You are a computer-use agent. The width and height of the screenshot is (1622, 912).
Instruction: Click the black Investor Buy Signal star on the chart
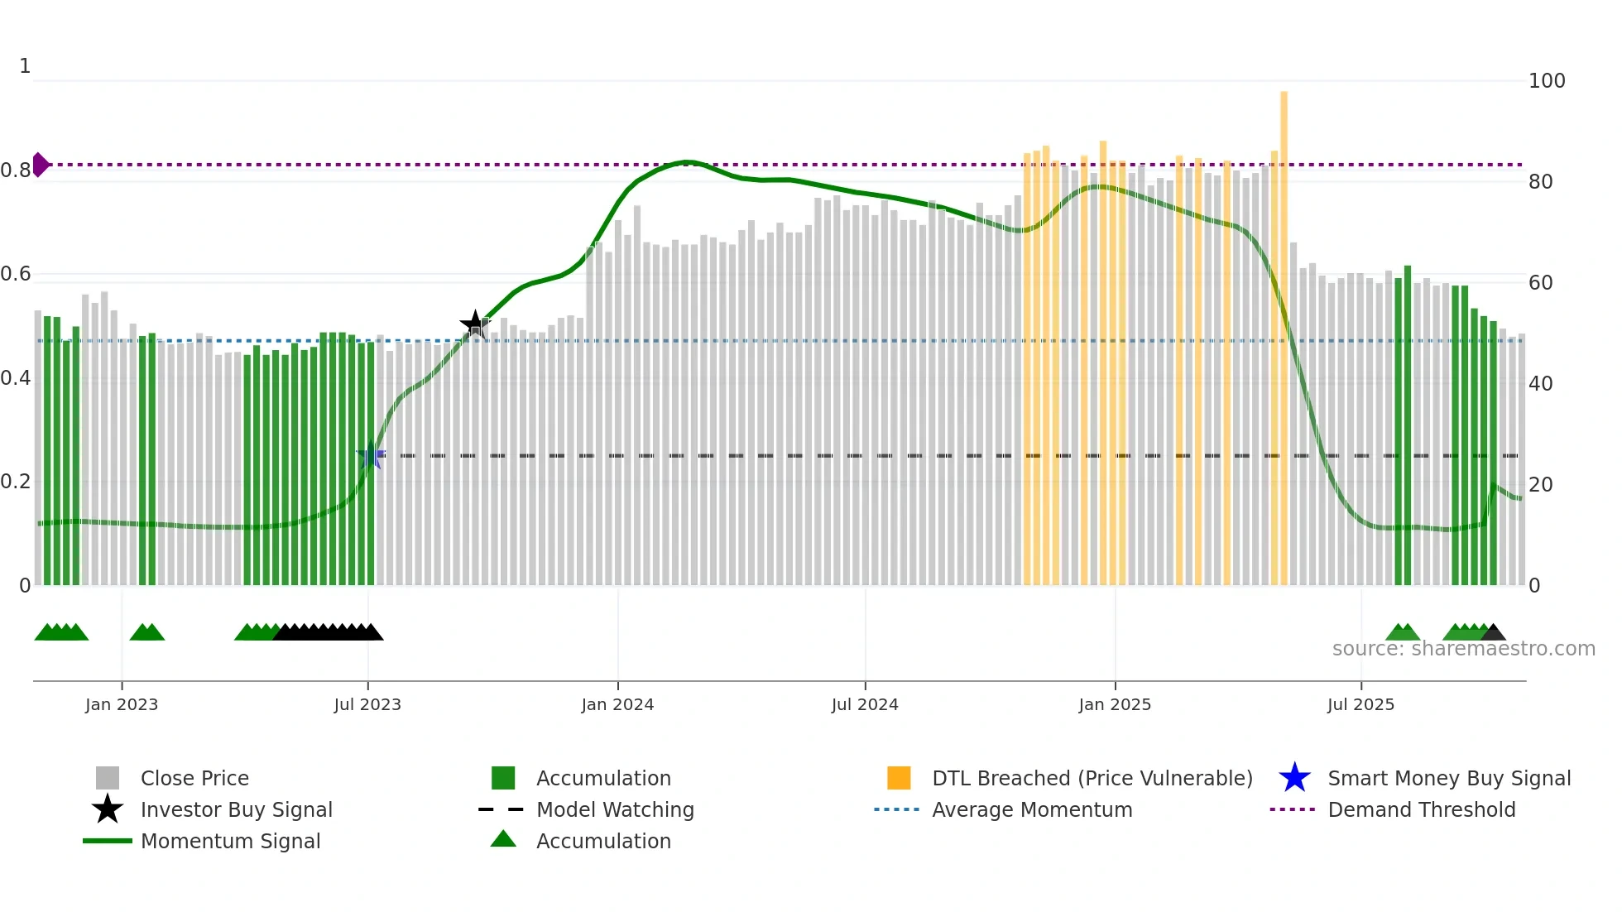tap(474, 324)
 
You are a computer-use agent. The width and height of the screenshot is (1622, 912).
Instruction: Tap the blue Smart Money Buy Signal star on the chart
tap(370, 455)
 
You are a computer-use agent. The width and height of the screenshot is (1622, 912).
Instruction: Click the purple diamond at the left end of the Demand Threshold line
tap(40, 165)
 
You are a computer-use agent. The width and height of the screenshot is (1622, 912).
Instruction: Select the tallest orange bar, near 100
tap(1284, 331)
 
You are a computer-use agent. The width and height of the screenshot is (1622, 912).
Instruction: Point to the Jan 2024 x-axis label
tap(617, 704)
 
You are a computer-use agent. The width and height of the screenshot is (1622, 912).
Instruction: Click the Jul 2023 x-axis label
tap(367, 704)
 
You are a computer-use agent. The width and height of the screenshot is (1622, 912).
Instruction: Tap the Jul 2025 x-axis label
tap(1360, 704)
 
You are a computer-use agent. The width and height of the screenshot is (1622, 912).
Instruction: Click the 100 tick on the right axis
tap(1546, 81)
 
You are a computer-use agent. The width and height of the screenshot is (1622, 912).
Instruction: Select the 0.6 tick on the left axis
tap(16, 274)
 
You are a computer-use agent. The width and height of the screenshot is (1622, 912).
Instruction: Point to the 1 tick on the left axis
tap(25, 66)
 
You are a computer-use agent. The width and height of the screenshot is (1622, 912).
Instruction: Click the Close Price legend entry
tap(194, 778)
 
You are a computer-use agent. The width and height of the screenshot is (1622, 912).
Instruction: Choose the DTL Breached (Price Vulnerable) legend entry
tap(1092, 778)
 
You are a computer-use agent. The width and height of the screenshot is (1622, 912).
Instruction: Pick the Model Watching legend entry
tap(614, 809)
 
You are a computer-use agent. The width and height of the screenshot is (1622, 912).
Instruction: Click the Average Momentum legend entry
tap(1031, 809)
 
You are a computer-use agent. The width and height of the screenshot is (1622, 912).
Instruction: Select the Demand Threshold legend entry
tap(1421, 809)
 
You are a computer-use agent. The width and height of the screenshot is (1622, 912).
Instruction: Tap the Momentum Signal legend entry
tap(230, 841)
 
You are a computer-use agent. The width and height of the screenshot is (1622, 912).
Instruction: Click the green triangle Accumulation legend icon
tap(503, 839)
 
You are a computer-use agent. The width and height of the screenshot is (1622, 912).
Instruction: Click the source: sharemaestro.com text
tap(1463, 649)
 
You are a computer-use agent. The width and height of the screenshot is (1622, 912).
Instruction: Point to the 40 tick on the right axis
tap(1540, 384)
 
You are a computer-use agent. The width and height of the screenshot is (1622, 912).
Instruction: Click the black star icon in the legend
tap(108, 809)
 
